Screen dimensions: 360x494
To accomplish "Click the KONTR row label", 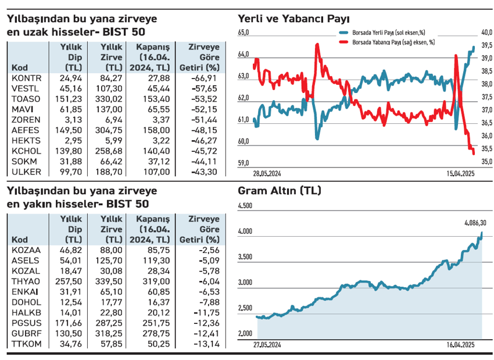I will pyautogui.click(x=27, y=78).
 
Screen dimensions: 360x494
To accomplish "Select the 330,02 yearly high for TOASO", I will pyautogui.click(x=112, y=99).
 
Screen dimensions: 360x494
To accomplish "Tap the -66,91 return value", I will pyautogui.click(x=204, y=78).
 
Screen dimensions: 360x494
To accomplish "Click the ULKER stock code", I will pyautogui.click(x=26, y=172).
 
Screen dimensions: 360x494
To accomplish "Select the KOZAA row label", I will pyautogui.click(x=26, y=250).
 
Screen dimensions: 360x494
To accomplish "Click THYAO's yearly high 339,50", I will pyautogui.click(x=112, y=281).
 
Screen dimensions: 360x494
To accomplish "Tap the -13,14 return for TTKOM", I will pyautogui.click(x=204, y=344).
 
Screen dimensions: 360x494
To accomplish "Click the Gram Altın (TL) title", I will pyautogui.click(x=280, y=191).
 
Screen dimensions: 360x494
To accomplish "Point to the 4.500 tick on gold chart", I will pyautogui.click(x=245, y=206).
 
